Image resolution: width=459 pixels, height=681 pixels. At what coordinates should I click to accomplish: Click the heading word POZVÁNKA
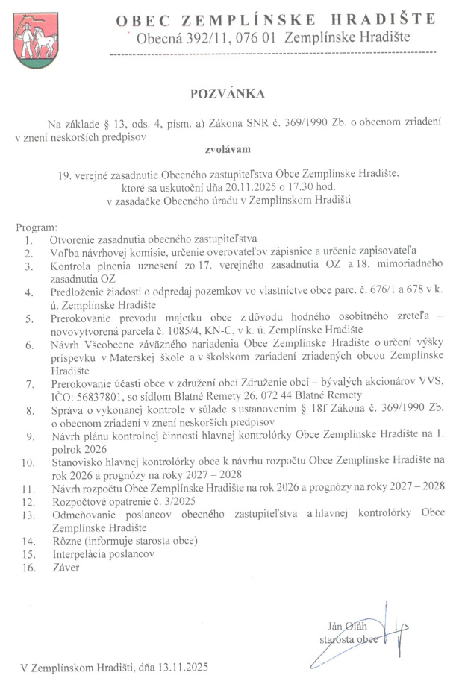click(x=229, y=94)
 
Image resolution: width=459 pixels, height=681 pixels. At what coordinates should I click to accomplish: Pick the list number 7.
click(x=29, y=384)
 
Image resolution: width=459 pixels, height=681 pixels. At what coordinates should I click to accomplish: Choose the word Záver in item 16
click(x=64, y=567)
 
